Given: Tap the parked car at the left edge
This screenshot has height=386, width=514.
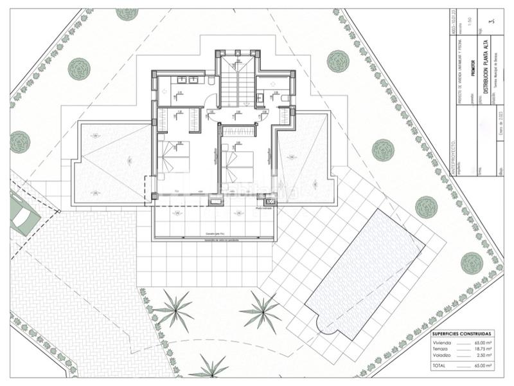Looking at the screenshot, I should tap(24, 217).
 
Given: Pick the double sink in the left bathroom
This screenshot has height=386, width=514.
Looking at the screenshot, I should tap(188, 80).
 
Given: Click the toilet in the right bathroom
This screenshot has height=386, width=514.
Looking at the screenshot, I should tap(284, 97).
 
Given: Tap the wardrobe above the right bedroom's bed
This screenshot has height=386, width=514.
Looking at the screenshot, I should tap(238, 131).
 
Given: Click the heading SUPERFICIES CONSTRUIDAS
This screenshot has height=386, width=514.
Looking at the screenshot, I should tap(461, 334).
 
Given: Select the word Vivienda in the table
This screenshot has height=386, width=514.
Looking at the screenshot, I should tap(443, 343).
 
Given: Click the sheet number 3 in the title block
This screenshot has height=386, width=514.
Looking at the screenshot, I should tap(492, 21).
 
